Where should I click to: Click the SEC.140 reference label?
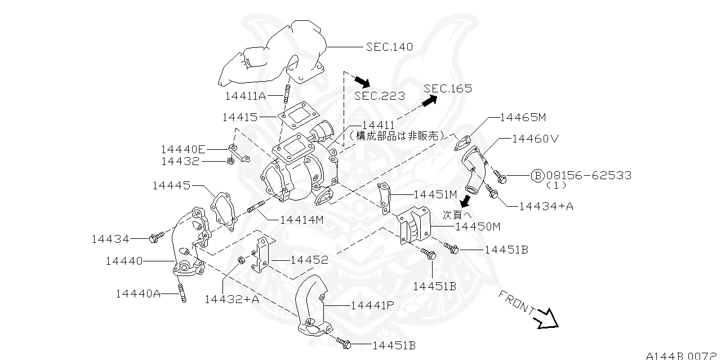[389, 47]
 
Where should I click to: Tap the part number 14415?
[240, 117]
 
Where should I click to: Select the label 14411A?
[246, 96]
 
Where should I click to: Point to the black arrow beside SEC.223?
[363, 82]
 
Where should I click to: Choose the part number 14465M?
[523, 118]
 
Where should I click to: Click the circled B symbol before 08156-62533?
[537, 175]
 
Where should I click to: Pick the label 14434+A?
[546, 206]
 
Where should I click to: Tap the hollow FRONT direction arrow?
[546, 319]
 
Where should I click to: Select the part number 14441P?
[372, 305]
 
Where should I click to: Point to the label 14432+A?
[232, 300]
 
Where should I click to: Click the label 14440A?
[138, 294]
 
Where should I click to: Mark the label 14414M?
[302, 220]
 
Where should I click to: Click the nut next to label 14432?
[230, 160]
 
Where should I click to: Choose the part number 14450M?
[478, 226]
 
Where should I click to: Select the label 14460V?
[535, 139]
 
